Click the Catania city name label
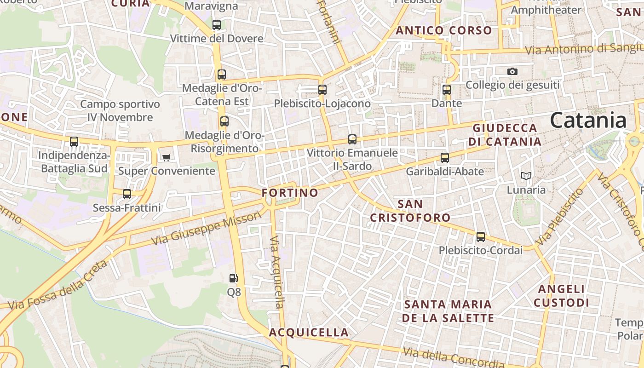click(588, 121)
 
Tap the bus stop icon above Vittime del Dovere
click(217, 25)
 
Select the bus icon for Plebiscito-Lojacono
click(322, 90)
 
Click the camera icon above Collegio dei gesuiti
click(512, 71)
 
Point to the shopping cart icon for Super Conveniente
click(167, 157)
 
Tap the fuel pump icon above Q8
click(234, 278)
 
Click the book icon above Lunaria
click(526, 176)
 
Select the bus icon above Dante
click(446, 90)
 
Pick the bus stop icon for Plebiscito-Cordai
click(481, 237)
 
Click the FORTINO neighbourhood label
click(290, 193)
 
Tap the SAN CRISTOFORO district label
click(410, 211)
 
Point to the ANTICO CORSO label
click(444, 31)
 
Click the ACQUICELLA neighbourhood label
click(309, 332)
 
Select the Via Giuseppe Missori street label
click(206, 229)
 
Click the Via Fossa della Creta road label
click(57, 286)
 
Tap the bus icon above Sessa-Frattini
click(127, 194)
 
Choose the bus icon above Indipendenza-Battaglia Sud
click(74, 142)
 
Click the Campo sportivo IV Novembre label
click(120, 111)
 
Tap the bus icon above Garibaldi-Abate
click(445, 158)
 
